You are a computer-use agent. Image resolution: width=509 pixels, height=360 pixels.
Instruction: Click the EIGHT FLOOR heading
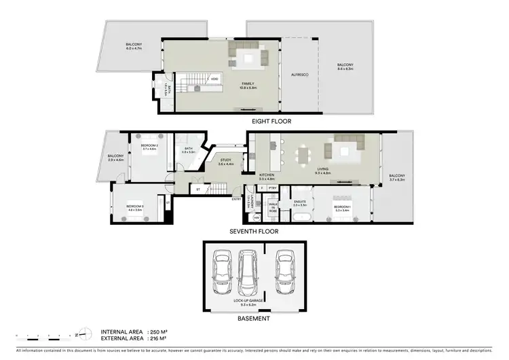pos(271,122)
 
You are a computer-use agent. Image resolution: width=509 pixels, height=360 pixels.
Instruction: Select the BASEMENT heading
pos(254,318)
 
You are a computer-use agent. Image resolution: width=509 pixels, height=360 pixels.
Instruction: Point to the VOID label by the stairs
pos(214,79)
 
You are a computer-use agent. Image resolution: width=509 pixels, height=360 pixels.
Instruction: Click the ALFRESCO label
pos(299,74)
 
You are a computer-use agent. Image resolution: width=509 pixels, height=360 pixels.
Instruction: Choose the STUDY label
pos(225,160)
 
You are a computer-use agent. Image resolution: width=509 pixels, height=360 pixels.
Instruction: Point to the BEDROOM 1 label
pos(341,206)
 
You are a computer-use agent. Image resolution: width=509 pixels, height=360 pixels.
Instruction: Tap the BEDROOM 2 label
pos(149,145)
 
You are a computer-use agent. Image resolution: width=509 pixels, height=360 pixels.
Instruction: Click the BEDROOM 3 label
pos(134,206)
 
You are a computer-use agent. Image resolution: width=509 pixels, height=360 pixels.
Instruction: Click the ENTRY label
pos(235,199)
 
